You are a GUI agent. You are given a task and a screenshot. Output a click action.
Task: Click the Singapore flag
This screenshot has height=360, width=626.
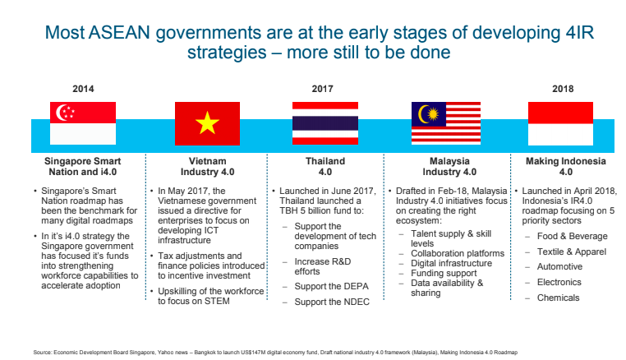pyautogui.click(x=83, y=123)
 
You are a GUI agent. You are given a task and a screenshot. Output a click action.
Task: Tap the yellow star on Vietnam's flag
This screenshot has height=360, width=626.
pyautogui.click(x=207, y=122)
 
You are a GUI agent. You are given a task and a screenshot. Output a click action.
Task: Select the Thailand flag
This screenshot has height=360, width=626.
pyautogui.click(x=325, y=123)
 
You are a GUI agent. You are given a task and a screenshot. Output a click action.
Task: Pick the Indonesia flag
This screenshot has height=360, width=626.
pyautogui.click(x=560, y=123)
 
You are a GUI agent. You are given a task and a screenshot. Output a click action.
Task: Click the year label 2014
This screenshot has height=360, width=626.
pyautogui.click(x=83, y=89)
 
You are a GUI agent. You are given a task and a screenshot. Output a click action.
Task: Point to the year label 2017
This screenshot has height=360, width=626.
pyautogui.click(x=323, y=89)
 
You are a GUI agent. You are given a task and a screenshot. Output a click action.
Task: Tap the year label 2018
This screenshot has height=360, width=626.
pyautogui.click(x=563, y=89)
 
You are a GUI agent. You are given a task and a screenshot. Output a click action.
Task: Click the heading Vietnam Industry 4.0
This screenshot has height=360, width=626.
pyautogui.click(x=208, y=167)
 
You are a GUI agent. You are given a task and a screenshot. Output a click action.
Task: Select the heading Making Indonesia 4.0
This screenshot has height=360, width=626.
pyautogui.click(x=566, y=167)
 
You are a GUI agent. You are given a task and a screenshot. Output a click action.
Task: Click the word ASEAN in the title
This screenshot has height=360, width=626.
pyautogui.click(x=119, y=32)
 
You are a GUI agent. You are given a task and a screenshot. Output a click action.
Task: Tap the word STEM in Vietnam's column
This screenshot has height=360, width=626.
pyautogui.click(x=217, y=301)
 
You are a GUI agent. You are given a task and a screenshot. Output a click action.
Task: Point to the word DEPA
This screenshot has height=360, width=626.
pyautogui.click(x=355, y=287)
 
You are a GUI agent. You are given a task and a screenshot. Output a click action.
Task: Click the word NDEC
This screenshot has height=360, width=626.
pyautogui.click(x=356, y=302)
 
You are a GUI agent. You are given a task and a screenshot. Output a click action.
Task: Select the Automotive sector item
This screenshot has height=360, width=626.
pyautogui.click(x=559, y=266)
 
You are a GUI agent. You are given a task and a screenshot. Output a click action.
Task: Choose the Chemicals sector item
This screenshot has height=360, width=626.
pyautogui.click(x=558, y=298)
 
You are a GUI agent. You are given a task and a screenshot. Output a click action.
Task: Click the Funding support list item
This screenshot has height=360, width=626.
pyautogui.click(x=444, y=274)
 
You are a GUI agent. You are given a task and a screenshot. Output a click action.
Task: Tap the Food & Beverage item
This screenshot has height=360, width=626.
pyautogui.click(x=572, y=236)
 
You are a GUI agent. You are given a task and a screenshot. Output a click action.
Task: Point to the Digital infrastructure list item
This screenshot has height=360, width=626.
pyautogui.click(x=452, y=263)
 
